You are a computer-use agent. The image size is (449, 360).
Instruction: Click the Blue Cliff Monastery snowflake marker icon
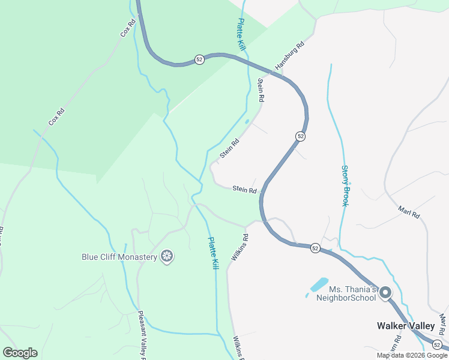click(167, 257)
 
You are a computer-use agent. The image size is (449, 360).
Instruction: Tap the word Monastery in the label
click(137, 257)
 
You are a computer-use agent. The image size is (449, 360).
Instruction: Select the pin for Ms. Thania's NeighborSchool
click(385, 293)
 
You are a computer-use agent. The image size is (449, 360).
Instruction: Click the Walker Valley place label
click(405, 326)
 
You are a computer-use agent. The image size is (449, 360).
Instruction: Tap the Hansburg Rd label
click(290, 55)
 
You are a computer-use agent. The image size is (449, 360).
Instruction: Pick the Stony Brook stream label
click(345, 186)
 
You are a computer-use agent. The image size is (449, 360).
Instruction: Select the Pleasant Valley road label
click(142, 335)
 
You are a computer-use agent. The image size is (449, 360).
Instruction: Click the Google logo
click(20, 353)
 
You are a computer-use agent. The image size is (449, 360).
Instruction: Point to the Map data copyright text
click(412, 355)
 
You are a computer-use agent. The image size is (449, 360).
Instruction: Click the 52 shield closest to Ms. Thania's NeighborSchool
click(315, 247)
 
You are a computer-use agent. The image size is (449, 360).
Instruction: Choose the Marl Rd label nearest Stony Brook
click(409, 212)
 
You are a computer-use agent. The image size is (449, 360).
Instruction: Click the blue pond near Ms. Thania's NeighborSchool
click(319, 284)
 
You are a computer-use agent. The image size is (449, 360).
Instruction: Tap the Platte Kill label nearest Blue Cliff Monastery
click(212, 253)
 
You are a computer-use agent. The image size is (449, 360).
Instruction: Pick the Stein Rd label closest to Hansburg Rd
click(261, 89)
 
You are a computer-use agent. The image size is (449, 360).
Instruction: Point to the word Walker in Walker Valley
click(391, 326)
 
